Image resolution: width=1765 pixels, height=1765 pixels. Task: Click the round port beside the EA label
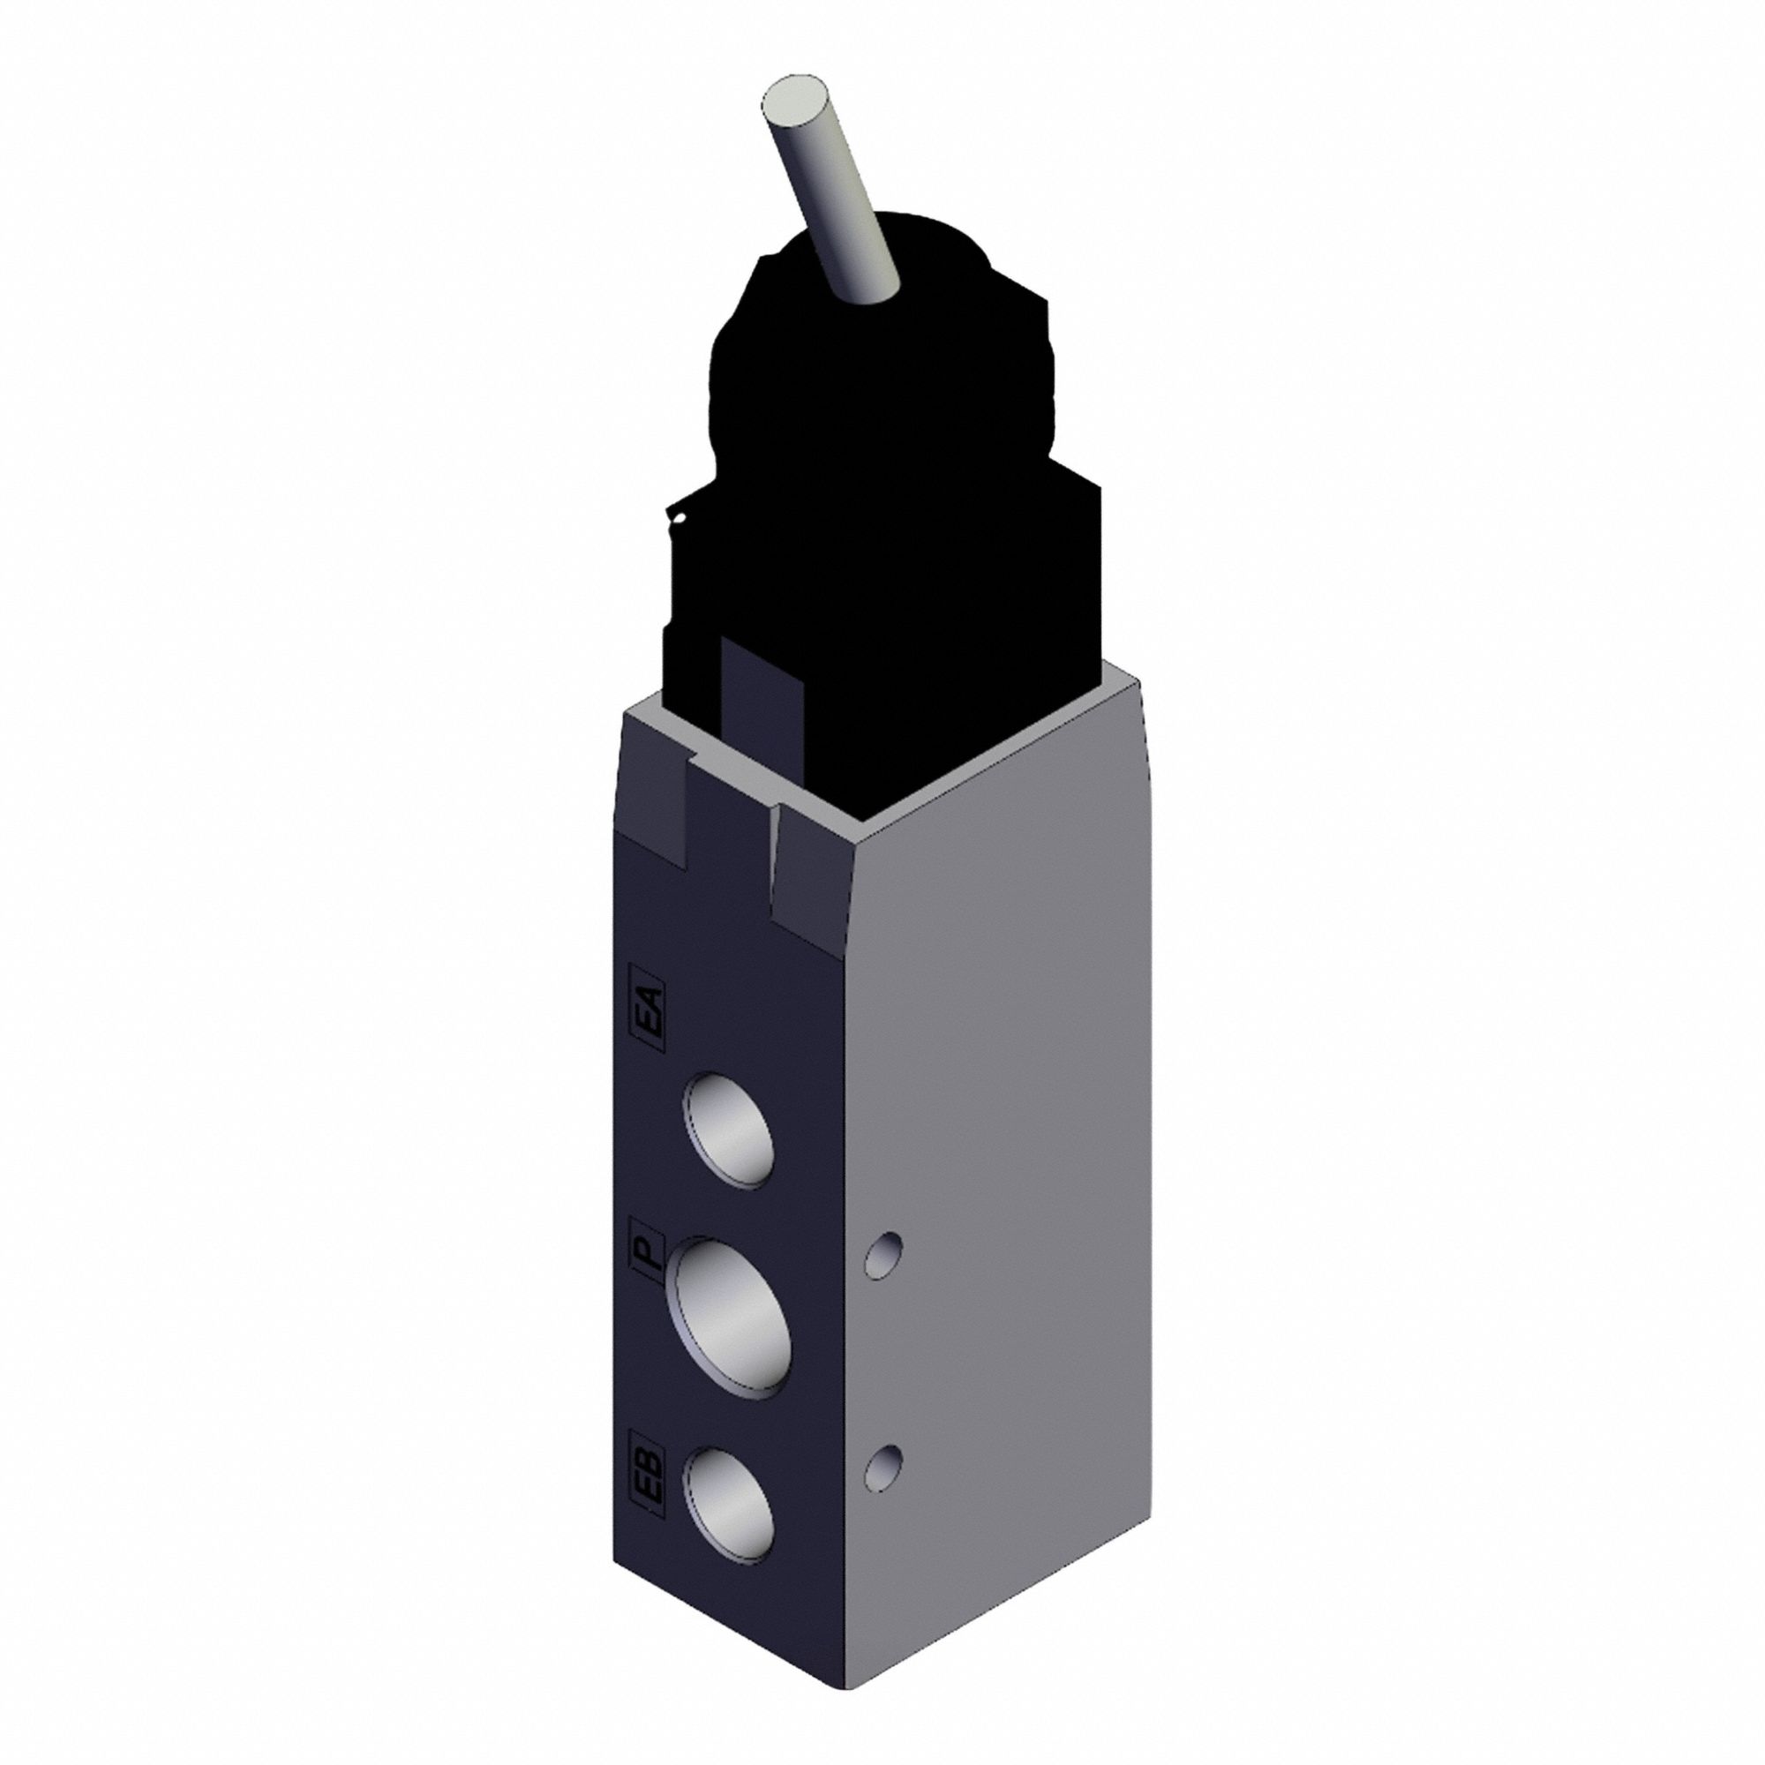(x=728, y=1131)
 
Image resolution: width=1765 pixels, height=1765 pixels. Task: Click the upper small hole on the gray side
(x=885, y=1255)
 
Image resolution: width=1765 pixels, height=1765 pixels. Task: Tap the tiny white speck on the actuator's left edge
(x=679, y=522)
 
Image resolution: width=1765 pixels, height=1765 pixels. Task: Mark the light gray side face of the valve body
(x=995, y=1188)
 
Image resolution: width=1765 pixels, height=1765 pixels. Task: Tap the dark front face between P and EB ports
(x=731, y=1411)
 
